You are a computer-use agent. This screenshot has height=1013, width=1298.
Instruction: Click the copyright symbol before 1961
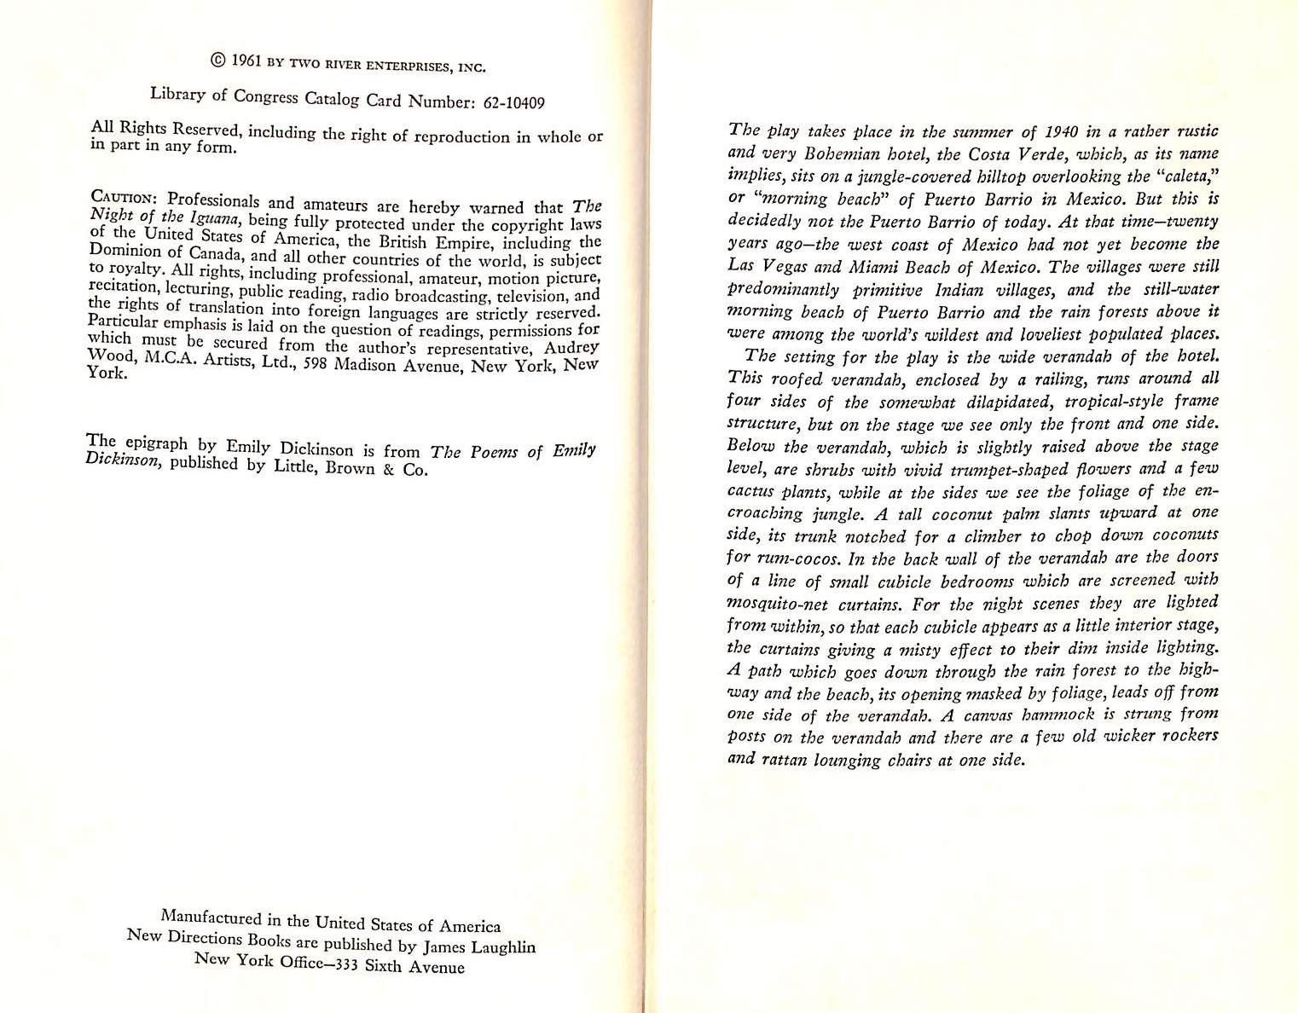point(217,59)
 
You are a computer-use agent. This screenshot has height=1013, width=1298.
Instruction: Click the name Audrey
point(571,348)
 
